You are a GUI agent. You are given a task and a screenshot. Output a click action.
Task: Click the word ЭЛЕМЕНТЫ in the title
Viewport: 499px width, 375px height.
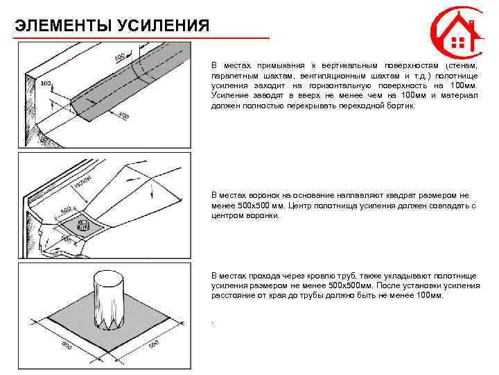(x=55, y=26)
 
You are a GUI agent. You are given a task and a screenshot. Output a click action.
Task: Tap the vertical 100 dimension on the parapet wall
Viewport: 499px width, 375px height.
(x=46, y=83)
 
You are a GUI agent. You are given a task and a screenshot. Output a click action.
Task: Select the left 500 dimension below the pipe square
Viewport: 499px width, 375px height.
(x=67, y=345)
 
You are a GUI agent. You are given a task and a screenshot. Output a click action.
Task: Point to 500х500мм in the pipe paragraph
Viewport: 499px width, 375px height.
(x=351, y=285)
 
